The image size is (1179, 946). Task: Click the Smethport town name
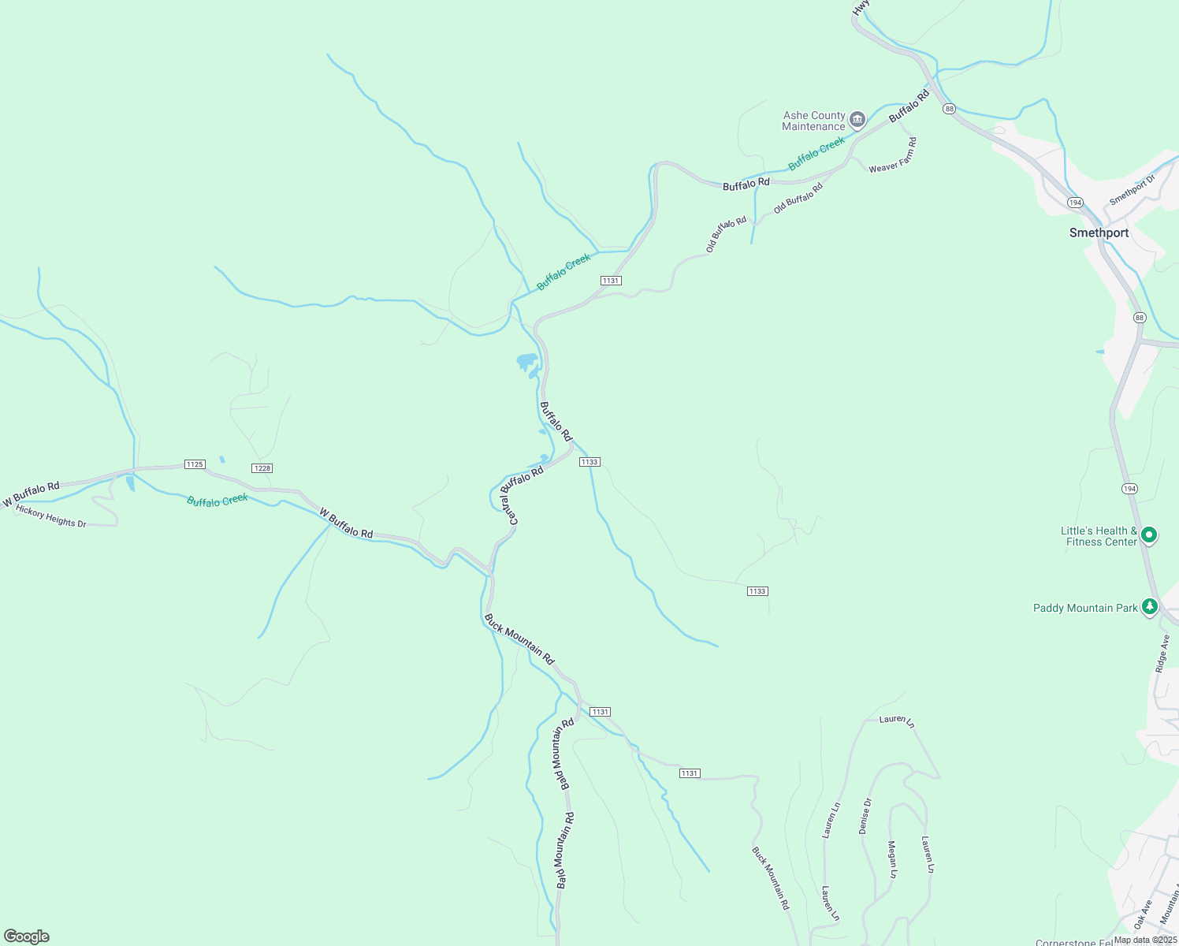[1099, 233]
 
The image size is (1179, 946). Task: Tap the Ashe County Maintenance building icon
[857, 120]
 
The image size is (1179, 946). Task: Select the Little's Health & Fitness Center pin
[1149, 535]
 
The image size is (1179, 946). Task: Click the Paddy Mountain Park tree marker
[1150, 606]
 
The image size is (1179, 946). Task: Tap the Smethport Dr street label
[1132, 190]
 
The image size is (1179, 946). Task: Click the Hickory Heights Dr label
[51, 517]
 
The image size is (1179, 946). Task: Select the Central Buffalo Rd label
[522, 496]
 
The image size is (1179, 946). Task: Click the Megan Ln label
[892, 860]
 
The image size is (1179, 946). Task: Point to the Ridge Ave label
[1162, 654]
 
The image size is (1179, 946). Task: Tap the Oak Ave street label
[1143, 914]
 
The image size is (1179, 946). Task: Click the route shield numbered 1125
[195, 464]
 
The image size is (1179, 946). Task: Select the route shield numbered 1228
[262, 468]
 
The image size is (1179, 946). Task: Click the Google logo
[27, 937]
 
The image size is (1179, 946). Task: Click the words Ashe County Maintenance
[813, 121]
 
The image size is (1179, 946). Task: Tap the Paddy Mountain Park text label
[1085, 608]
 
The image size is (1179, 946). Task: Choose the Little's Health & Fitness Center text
[1099, 536]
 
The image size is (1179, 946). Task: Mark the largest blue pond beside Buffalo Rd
[526, 363]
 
